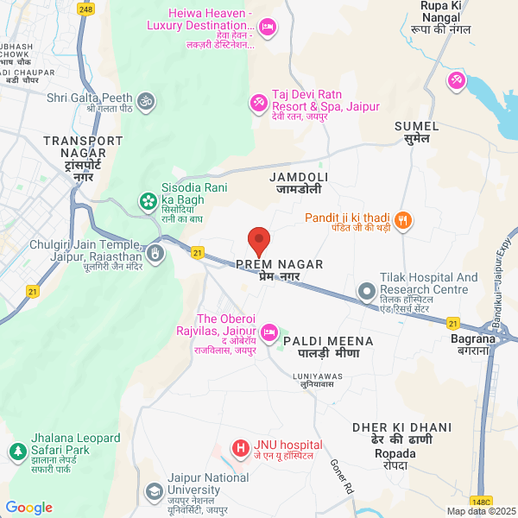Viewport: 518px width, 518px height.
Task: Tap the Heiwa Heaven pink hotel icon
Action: click(268, 28)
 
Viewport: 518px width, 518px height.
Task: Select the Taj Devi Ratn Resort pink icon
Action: click(257, 104)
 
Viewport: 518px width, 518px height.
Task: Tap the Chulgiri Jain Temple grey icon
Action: click(155, 253)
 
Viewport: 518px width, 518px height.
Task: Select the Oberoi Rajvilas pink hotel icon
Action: click(269, 331)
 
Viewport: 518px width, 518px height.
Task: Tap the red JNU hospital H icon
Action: click(239, 449)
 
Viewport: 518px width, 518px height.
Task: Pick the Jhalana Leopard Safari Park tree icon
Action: click(16, 451)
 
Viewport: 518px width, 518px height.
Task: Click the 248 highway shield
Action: click(85, 9)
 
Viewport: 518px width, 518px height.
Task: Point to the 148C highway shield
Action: click(481, 501)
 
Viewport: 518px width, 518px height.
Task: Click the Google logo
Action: click(29, 508)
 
